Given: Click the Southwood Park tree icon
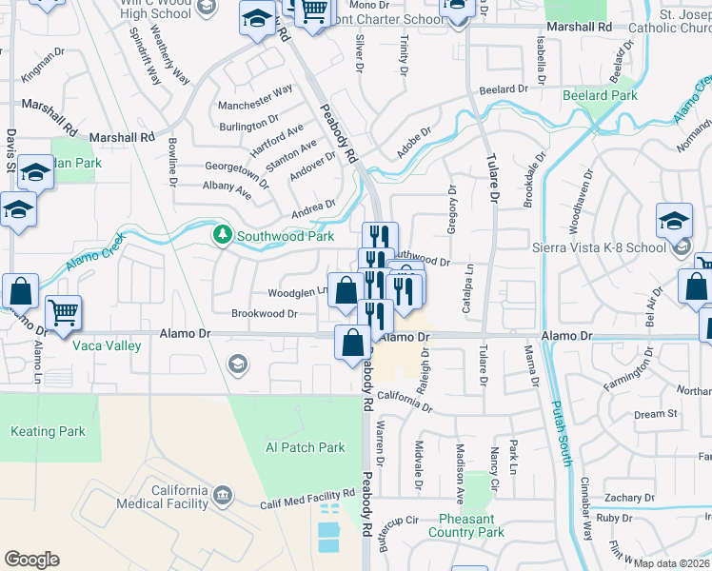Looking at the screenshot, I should [x=222, y=233].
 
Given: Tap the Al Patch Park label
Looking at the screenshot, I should [x=305, y=447].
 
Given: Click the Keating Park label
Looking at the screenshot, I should [x=48, y=431].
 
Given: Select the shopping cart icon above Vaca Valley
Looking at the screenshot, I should [x=63, y=311].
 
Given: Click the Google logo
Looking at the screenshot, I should [x=31, y=559].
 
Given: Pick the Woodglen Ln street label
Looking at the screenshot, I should [x=297, y=292].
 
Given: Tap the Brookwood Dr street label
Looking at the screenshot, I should [x=265, y=313].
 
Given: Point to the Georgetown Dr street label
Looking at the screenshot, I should [x=237, y=168].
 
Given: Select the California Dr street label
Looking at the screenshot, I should [x=405, y=402].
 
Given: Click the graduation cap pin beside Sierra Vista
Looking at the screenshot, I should [x=674, y=221].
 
